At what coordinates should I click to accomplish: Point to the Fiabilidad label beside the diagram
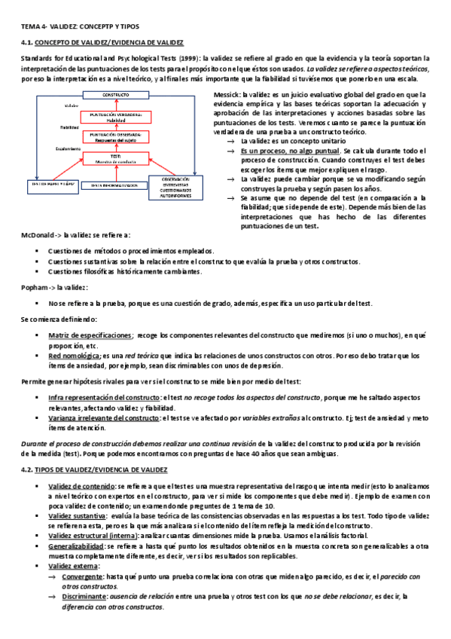[x=70, y=128]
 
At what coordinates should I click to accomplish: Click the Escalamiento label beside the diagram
[x=72, y=149]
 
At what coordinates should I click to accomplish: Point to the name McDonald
[x=38, y=236]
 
